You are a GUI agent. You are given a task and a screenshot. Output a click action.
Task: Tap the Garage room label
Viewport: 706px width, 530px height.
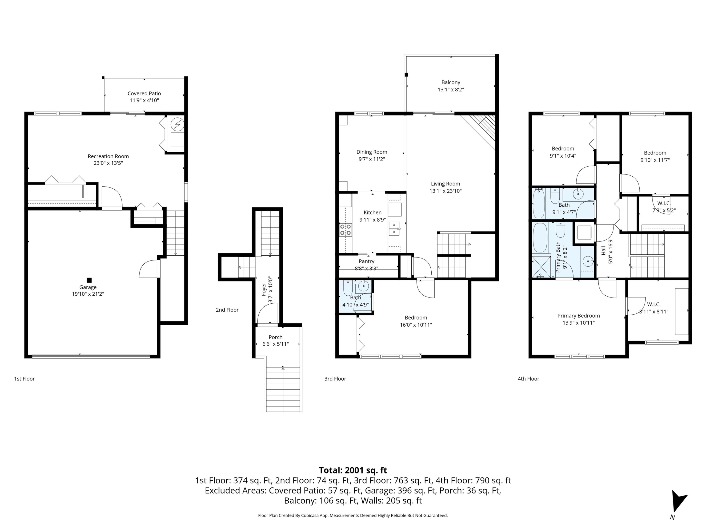[88, 287]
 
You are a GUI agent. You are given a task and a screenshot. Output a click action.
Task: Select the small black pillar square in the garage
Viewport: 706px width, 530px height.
[89, 280]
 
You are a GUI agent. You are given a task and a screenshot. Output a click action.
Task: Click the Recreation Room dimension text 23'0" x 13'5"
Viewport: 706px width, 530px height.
[108, 163]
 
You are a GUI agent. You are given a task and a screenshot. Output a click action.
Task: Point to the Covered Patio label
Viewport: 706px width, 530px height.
[144, 93]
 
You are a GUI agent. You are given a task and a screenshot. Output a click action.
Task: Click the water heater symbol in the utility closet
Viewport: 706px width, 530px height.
[177, 124]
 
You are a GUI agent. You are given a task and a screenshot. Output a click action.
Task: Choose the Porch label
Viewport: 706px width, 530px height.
[275, 337]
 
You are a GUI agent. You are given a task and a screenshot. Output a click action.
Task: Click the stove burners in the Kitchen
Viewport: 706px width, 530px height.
[345, 229]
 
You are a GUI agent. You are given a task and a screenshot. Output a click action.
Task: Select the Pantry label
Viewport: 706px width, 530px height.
[366, 261]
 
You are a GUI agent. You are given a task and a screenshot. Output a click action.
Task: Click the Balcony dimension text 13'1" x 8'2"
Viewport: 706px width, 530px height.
[451, 90]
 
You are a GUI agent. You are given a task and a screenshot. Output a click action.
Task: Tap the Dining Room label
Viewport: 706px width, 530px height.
[372, 152]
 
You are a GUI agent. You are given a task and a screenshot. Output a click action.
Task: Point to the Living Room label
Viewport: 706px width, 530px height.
[445, 184]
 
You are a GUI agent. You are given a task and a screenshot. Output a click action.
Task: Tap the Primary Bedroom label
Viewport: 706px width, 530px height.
[579, 316]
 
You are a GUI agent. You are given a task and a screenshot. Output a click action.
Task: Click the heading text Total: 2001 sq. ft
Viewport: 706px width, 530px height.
[353, 470]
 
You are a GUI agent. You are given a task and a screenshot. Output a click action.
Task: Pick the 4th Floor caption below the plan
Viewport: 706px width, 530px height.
[529, 379]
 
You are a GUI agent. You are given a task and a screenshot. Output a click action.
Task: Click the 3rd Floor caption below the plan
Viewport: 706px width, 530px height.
[335, 379]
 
